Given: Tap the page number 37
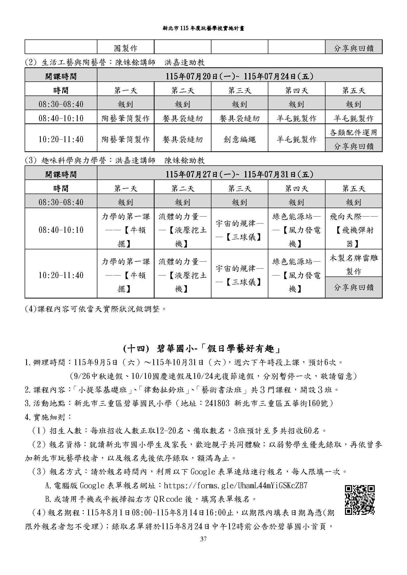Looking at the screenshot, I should pyautogui.click(x=203, y=539).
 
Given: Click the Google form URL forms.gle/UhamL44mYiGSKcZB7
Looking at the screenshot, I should pyautogui.click(x=236, y=485).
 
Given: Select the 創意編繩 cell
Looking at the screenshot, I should pyautogui.click(x=239, y=139).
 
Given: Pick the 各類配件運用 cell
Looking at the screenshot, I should pyautogui.click(x=353, y=132).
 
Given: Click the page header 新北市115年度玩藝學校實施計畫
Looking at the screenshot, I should pyautogui.click(x=203, y=28).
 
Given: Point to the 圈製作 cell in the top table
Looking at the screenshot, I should pyautogui.click(x=125, y=48).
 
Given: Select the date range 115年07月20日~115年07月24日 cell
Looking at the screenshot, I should pyautogui.click(x=239, y=76).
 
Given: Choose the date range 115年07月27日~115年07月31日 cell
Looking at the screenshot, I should pyautogui.click(x=239, y=174).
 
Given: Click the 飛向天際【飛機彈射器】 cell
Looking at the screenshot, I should pyautogui.click(x=353, y=230).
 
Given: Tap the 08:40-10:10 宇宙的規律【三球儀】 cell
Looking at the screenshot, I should pyautogui.click(x=239, y=230).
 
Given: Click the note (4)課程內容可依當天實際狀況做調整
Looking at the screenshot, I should pyautogui.click(x=96, y=308).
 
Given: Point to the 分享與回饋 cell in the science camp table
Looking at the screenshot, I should pyautogui.click(x=353, y=287).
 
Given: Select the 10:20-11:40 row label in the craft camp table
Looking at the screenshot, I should pyautogui.click(x=61, y=139).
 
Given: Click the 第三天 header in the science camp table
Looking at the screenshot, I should pyautogui.click(x=239, y=188).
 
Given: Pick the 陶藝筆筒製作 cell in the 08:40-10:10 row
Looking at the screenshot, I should pyautogui.click(x=125, y=118).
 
